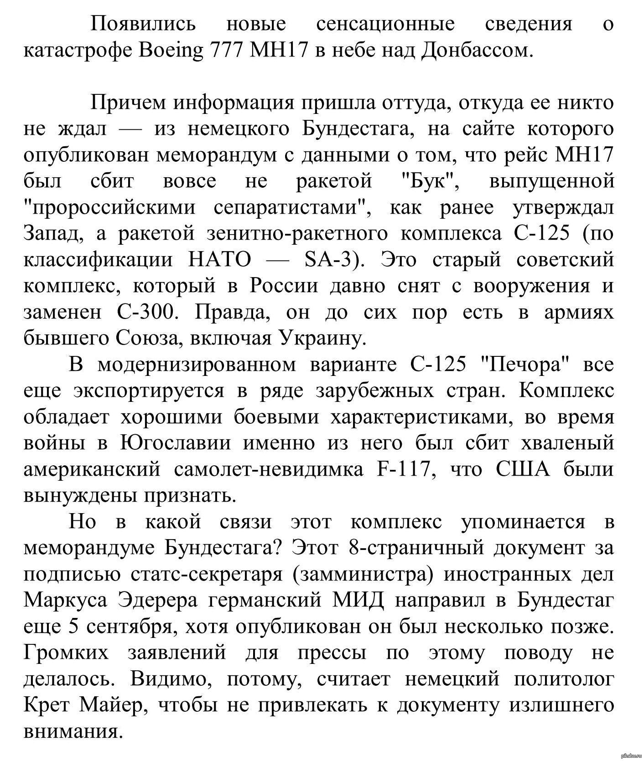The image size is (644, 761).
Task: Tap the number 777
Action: [x=227, y=51]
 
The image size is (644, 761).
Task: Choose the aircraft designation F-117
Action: [x=404, y=469]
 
